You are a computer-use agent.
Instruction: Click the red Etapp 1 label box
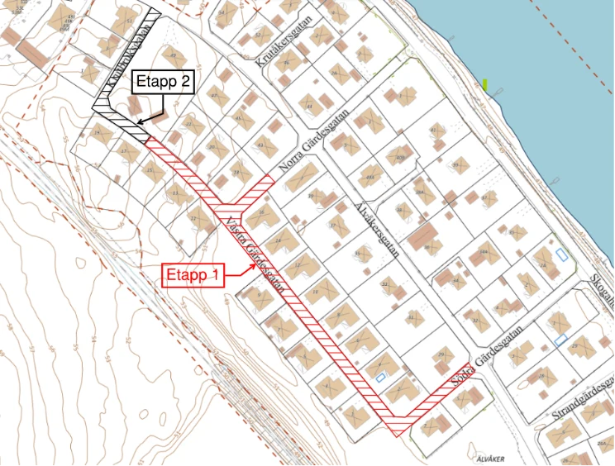pyautogui.click(x=192, y=275)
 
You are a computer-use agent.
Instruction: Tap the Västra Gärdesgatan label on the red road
pyautogui.click(x=257, y=257)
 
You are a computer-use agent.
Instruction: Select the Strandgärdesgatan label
pyautogui.click(x=579, y=402)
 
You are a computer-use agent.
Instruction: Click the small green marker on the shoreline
pyautogui.click(x=485, y=83)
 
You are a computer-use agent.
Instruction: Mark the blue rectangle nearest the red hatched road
pyautogui.click(x=382, y=377)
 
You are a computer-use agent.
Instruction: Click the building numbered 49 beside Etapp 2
pyautogui.click(x=173, y=56)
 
